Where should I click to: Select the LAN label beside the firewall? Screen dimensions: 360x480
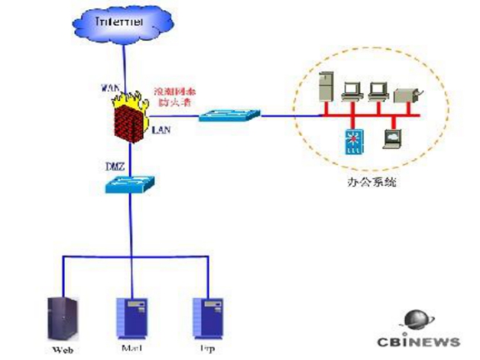tap(161, 130)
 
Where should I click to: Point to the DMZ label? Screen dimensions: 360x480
tap(114, 165)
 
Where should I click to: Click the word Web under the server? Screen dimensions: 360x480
tap(62, 350)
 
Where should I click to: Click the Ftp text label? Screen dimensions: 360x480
tap(204, 349)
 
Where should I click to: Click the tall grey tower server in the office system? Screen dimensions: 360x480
tap(325, 86)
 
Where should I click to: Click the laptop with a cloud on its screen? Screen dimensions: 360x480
tap(391, 138)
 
